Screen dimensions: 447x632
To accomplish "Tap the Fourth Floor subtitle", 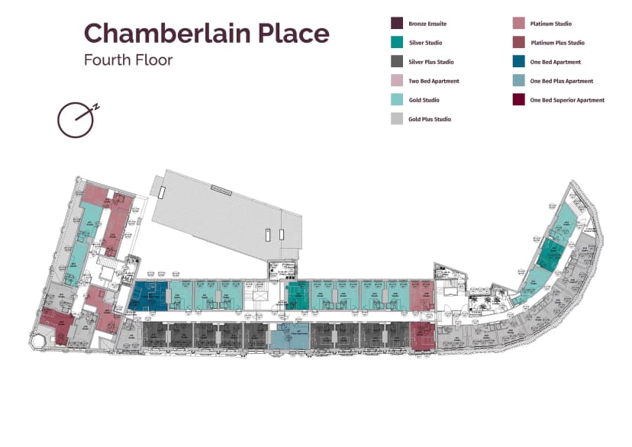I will [128, 60].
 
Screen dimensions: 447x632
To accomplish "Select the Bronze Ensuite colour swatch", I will [397, 24].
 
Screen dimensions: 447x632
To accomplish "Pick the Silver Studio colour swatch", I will [397, 43].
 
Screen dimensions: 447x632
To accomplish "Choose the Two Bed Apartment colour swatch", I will [397, 81].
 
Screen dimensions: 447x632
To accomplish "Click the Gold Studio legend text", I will [424, 100].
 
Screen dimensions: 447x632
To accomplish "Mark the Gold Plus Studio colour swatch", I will [397, 119].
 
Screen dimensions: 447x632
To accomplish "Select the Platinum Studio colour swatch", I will [519, 24].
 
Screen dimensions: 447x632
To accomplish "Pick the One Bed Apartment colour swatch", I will [519, 62].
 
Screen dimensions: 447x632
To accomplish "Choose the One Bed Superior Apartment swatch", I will [519, 100].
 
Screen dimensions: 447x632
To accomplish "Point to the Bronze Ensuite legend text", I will [427, 24].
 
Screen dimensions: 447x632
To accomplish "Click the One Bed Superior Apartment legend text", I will [567, 100].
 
